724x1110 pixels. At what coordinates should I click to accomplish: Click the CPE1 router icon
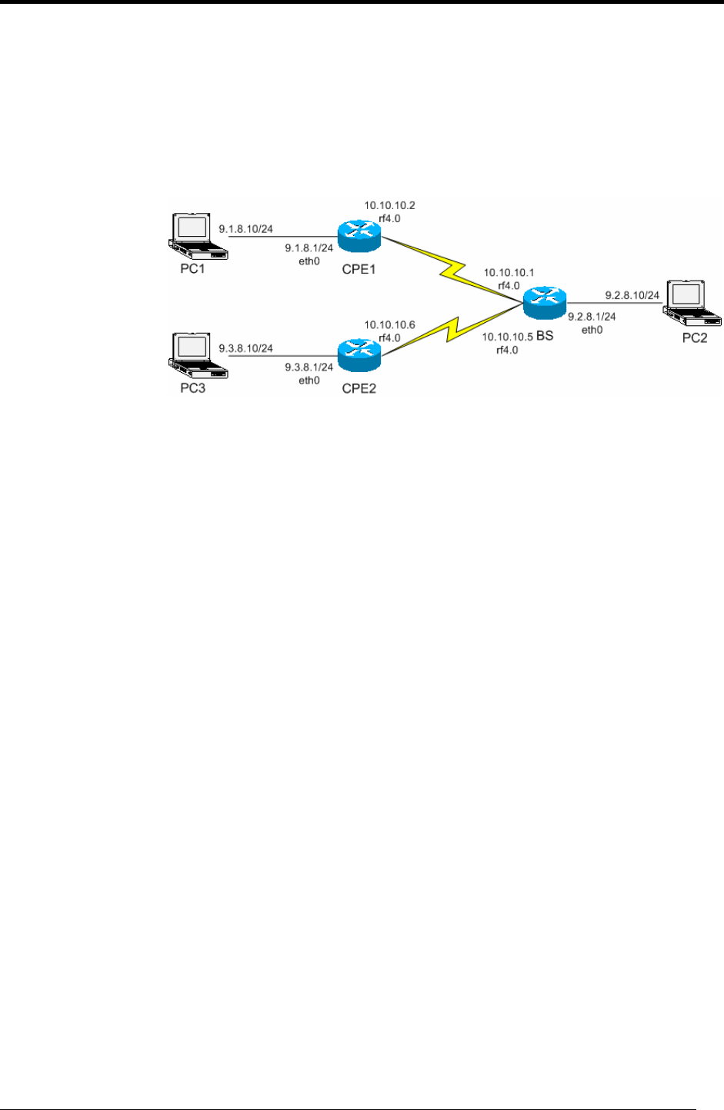[x=359, y=235]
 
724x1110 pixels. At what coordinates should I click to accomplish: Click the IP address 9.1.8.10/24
[x=245, y=229]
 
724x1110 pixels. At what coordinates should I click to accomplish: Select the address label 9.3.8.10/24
[x=245, y=348]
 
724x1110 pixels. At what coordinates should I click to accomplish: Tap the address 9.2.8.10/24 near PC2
[x=632, y=295]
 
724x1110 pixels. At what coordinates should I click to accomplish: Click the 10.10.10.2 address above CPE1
[x=389, y=206]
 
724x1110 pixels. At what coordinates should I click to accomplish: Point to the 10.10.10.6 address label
[x=389, y=325]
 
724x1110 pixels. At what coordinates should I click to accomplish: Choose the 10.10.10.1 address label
[x=509, y=273]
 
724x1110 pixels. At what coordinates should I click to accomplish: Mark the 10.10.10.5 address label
[x=508, y=337]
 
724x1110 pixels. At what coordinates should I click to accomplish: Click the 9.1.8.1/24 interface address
[x=309, y=248]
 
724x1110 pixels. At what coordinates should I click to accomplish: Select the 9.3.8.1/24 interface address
[x=309, y=367]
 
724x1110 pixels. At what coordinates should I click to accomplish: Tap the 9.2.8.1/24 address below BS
[x=592, y=316]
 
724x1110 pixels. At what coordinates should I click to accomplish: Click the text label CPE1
[x=359, y=269]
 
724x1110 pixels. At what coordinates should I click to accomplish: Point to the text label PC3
[x=193, y=388]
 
